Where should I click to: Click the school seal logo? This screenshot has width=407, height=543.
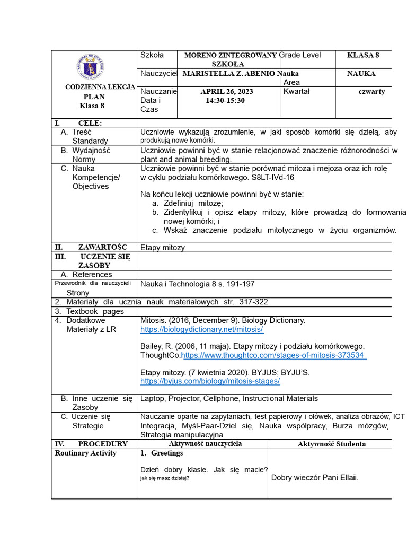(90, 67)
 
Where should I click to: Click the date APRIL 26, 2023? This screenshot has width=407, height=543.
(227, 91)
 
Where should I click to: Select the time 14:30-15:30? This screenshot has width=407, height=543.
(225, 100)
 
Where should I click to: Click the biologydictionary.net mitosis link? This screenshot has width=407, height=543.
(202, 329)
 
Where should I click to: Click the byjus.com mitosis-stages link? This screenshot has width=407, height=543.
(210, 381)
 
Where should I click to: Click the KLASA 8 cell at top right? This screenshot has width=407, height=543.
(363, 55)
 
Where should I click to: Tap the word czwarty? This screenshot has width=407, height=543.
(371, 91)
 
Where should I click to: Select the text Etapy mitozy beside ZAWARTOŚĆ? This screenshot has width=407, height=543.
(163, 247)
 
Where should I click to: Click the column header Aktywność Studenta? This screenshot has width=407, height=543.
(331, 444)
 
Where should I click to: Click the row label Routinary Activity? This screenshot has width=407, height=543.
(85, 453)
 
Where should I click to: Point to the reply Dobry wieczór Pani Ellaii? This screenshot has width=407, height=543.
(315, 478)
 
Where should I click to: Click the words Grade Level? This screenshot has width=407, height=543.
(300, 55)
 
